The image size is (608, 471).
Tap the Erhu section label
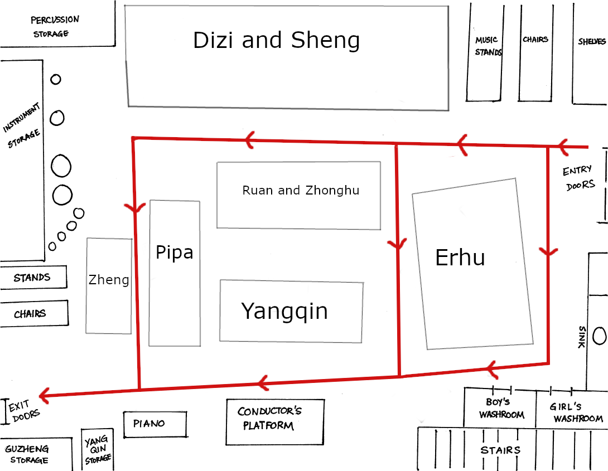tap(460, 258)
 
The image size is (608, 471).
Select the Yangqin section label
tap(284, 312)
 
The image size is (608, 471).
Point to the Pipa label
tap(174, 253)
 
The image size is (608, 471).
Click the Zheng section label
tap(109, 280)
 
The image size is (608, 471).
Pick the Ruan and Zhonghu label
tap(301, 190)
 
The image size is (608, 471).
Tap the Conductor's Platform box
tap(275, 422)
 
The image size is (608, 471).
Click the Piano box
tap(155, 424)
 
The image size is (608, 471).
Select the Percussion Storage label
tap(54, 26)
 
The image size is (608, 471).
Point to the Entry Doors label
tap(578, 178)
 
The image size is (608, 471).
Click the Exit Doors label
tap(23, 411)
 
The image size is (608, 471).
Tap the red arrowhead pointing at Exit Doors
tap(44, 395)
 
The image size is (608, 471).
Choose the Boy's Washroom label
tap(501, 408)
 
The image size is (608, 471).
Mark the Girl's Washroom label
tap(576, 412)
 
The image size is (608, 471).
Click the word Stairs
tap(500, 450)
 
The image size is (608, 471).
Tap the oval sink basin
tap(600, 336)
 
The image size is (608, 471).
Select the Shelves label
tap(592, 41)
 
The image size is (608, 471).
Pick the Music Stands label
tap(488, 46)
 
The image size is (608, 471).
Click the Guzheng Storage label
tap(27, 454)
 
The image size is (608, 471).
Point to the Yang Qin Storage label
tap(97, 450)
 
